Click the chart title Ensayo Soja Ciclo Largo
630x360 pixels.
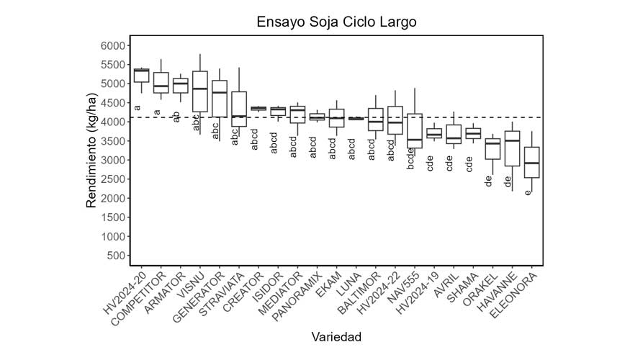pos(336,22)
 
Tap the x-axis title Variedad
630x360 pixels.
pos(336,337)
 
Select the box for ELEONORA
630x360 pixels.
pos(531,162)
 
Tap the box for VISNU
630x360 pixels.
pos(200,91)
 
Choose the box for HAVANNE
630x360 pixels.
pos(512,149)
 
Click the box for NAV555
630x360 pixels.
pos(415,130)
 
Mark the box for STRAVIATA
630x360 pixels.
pos(239,109)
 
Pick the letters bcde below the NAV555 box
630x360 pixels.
pos(410,158)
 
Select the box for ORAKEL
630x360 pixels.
pos(492,149)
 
